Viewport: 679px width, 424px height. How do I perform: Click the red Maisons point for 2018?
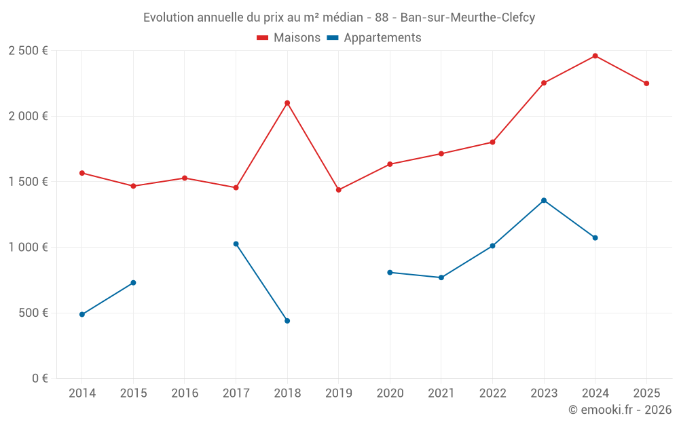(x=287, y=103)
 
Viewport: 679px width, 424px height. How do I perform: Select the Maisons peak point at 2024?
(x=595, y=56)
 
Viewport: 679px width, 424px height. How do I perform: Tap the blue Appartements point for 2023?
(x=544, y=200)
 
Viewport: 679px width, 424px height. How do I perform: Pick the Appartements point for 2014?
(x=82, y=315)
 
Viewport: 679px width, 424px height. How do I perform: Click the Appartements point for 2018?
(x=287, y=321)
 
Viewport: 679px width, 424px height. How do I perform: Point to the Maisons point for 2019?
(x=339, y=190)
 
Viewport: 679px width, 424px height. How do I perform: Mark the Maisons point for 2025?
(x=646, y=83)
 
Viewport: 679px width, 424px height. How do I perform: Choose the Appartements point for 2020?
(x=390, y=273)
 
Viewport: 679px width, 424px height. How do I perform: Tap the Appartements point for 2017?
(x=236, y=244)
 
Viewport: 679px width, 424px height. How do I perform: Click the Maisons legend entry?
(x=289, y=38)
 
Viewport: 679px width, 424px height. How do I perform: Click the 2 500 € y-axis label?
(x=28, y=51)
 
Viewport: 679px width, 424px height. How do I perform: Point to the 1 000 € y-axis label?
(x=28, y=248)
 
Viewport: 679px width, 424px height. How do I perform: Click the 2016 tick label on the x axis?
(x=185, y=393)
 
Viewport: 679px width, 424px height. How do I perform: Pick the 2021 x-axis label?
(x=441, y=393)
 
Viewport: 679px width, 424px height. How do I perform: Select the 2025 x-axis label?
(x=646, y=393)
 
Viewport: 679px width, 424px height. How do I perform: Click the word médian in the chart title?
(x=343, y=18)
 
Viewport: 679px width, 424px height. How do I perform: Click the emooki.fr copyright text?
(x=619, y=410)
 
